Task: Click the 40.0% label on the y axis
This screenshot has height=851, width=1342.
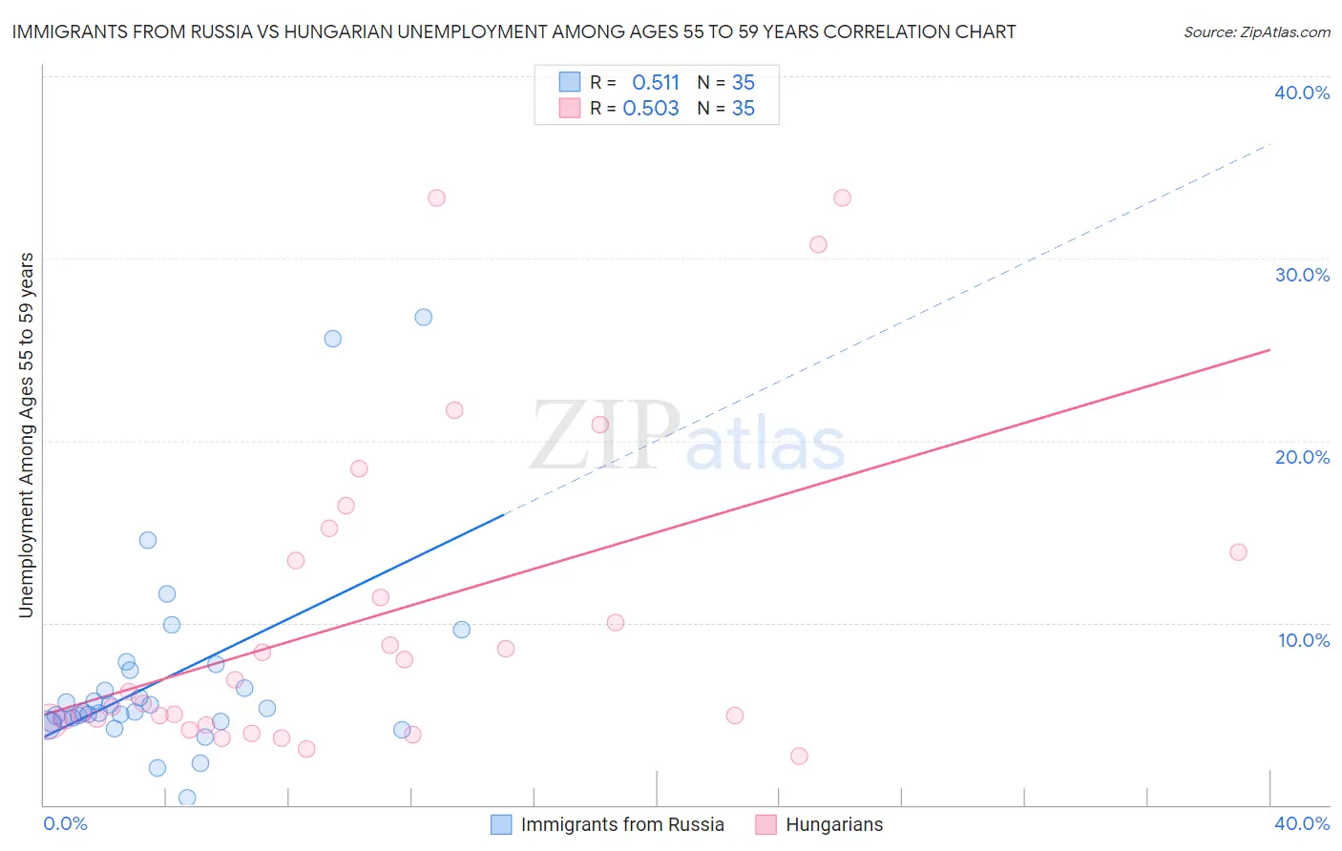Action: click(1302, 93)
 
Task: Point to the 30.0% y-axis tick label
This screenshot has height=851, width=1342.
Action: click(1302, 275)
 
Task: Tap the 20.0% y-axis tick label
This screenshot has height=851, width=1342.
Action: click(1302, 457)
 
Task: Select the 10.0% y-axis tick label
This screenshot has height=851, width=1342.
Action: click(1304, 640)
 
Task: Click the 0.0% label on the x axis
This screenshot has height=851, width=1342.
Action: click(66, 823)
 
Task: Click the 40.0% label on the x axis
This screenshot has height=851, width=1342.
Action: click(1302, 823)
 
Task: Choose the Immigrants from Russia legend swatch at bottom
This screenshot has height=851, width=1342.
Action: click(501, 824)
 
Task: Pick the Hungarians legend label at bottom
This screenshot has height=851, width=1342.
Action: click(834, 824)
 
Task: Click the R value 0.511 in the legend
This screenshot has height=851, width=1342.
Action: click(656, 83)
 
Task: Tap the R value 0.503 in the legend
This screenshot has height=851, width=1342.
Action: click(651, 109)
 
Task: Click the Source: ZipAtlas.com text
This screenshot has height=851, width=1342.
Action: click(1256, 32)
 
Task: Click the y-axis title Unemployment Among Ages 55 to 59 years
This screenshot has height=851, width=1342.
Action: click(27, 434)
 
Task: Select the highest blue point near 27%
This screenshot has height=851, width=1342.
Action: click(424, 317)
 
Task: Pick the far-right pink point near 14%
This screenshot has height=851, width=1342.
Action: click(1238, 551)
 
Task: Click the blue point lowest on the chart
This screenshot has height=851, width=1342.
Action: click(187, 798)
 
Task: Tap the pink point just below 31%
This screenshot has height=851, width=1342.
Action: click(818, 244)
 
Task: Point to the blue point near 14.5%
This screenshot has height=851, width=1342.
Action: click(148, 540)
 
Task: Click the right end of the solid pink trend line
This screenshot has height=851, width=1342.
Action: click(1269, 350)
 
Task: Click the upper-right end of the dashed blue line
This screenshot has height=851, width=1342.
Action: click(1269, 144)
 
